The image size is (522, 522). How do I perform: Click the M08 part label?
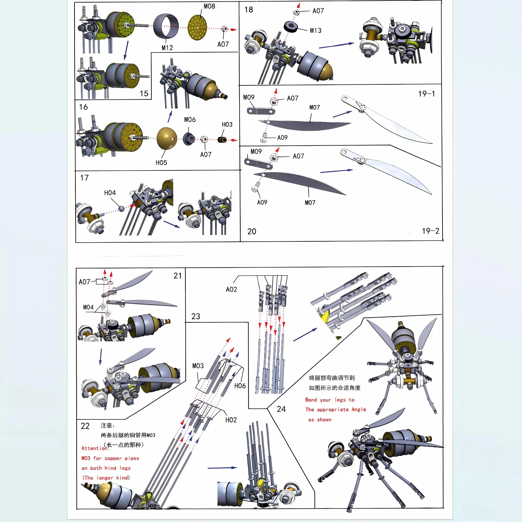209,6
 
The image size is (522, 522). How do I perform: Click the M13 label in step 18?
316,30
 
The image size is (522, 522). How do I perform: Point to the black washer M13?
291,26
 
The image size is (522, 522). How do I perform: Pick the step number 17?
84,178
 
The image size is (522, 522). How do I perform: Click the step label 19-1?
426,94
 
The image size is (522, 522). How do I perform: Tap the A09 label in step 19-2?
262,202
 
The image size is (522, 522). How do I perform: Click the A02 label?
231,289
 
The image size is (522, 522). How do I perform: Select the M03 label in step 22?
198,366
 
